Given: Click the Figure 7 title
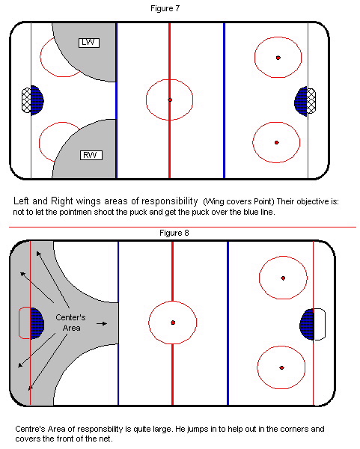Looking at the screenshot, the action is [165, 8].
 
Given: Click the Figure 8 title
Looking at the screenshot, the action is [174, 233].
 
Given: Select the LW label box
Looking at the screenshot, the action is [89, 43].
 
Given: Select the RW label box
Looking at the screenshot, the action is [91, 155].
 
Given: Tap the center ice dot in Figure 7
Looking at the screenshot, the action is [170, 100].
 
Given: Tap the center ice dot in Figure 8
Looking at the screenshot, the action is [173, 323].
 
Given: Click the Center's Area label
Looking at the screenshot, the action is [71, 323].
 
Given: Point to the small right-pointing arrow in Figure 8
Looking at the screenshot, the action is [102, 323].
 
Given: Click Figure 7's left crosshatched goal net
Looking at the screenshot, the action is [26, 100].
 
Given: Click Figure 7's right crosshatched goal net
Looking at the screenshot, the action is [311, 101].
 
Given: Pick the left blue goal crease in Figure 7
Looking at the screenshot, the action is [37, 100].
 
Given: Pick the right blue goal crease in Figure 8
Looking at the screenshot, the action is [307, 325].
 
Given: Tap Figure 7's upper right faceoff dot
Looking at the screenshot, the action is [278, 58].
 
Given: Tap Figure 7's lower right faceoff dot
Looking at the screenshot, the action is [277, 142].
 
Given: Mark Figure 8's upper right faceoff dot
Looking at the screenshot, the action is [283, 278].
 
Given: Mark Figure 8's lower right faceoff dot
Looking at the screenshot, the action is [282, 367].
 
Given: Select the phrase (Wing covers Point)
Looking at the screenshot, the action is [239, 202].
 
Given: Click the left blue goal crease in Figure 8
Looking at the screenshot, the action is [37, 323].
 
